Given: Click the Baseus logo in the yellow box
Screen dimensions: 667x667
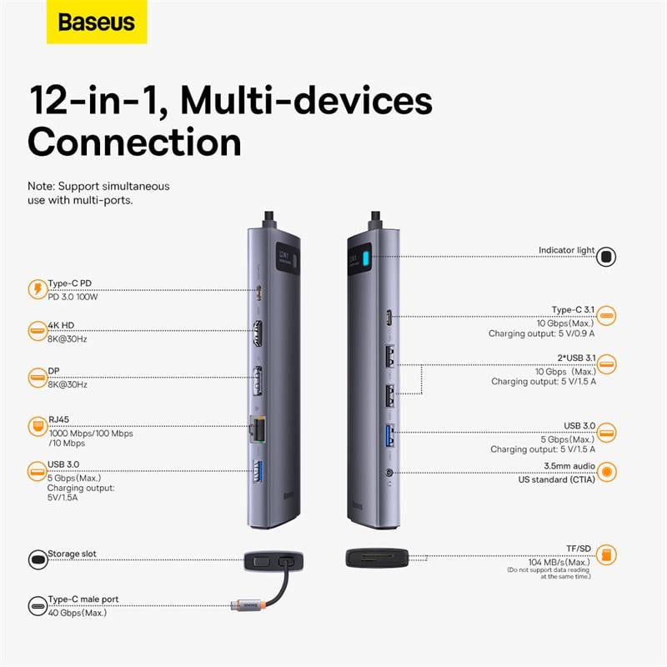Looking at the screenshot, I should point(96,23).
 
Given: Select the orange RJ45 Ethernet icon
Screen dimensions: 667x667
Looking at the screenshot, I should point(37,426).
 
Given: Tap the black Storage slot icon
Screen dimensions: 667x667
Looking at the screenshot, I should point(37,559).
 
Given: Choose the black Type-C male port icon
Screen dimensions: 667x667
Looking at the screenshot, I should point(37,605).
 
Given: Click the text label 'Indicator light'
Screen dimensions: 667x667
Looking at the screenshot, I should point(566,250).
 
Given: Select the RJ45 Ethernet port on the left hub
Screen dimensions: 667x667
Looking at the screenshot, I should point(260,431).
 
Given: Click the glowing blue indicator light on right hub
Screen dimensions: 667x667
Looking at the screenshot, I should point(364,262).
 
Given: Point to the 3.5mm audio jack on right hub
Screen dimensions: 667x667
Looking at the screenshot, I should point(390,474).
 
